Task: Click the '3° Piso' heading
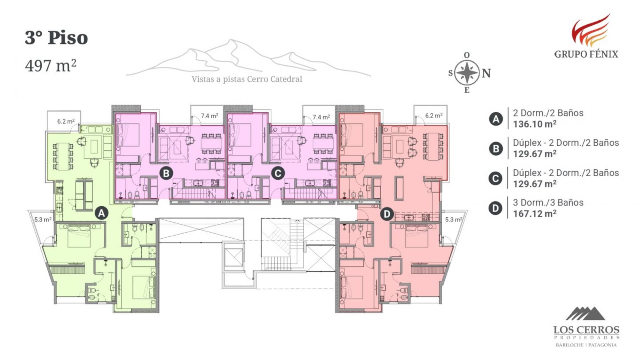click(56, 37)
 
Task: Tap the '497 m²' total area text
click(51, 65)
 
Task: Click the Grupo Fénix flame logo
click(591, 30)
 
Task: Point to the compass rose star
click(467, 72)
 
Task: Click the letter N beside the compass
click(486, 73)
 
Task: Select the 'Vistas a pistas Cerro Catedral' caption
click(247, 79)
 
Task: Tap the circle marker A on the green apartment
click(102, 213)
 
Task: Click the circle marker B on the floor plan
click(166, 173)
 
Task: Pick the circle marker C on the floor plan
click(278, 173)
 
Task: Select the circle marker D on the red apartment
click(387, 214)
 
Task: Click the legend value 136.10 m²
click(535, 124)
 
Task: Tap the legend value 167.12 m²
click(535, 214)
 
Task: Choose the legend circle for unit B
click(496, 148)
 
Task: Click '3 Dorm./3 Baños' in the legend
click(548, 203)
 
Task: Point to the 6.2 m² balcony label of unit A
click(66, 121)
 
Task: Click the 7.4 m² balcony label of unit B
click(209, 116)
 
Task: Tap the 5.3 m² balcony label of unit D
click(454, 220)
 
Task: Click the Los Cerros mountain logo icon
click(586, 313)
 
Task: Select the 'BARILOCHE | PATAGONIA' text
click(586, 345)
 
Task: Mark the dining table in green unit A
click(63, 156)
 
